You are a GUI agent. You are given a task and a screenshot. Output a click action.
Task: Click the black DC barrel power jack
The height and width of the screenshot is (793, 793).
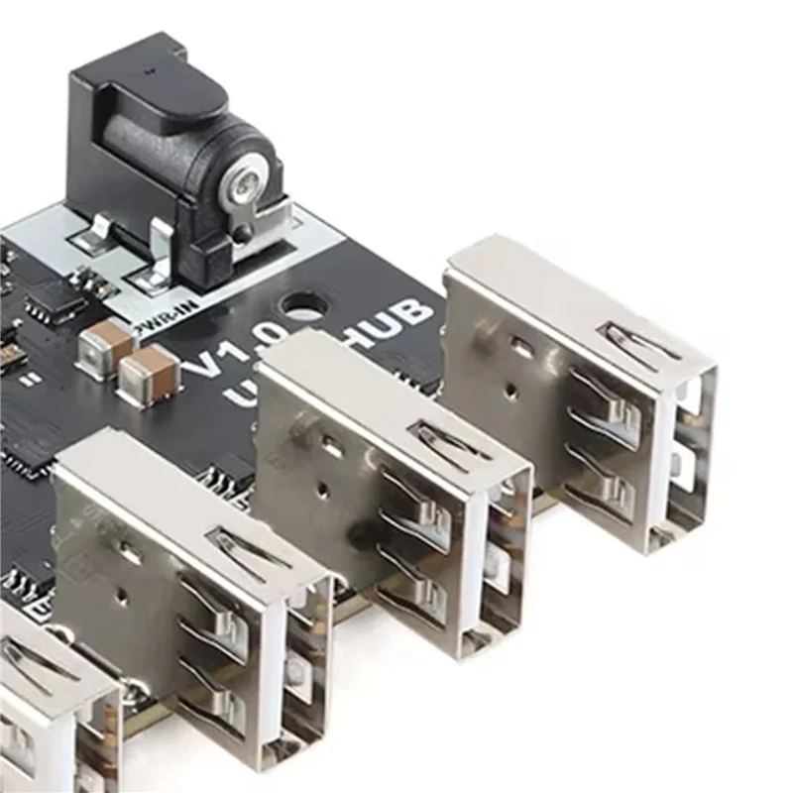pyautogui.click(x=173, y=149)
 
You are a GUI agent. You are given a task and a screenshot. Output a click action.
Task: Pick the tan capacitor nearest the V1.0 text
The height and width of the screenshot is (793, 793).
pyautogui.click(x=149, y=373)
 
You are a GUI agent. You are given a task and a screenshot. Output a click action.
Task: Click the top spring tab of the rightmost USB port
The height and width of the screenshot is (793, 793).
pyautogui.click(x=640, y=343)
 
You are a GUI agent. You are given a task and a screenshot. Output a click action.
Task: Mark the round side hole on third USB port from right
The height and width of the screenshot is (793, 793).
pyautogui.click(x=120, y=595)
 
